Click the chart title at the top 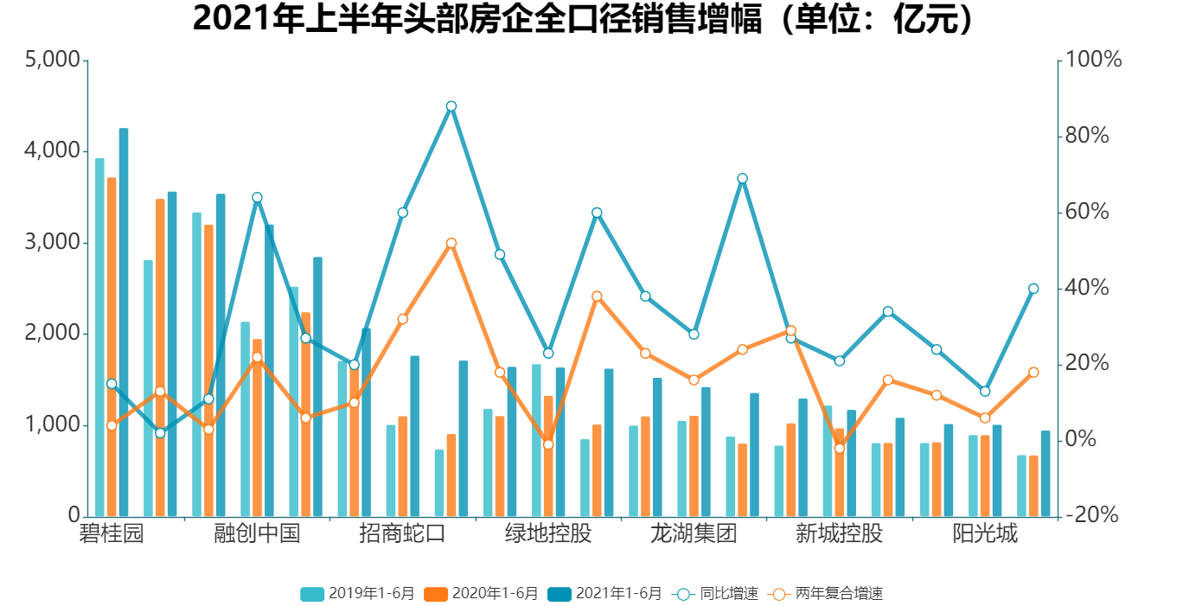pyautogui.click(x=584, y=19)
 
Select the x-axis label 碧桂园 pyautogui.click(x=112, y=533)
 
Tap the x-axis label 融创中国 pyautogui.click(x=257, y=533)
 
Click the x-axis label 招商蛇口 pyautogui.click(x=402, y=533)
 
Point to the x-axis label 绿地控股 pyautogui.click(x=548, y=533)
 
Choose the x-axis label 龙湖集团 pyautogui.click(x=694, y=533)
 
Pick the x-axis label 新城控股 pyautogui.click(x=839, y=533)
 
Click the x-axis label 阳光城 pyautogui.click(x=985, y=533)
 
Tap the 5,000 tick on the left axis pyautogui.click(x=54, y=61)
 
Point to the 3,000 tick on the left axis pyautogui.click(x=54, y=243)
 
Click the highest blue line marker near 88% pyautogui.click(x=451, y=106)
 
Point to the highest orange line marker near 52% pyautogui.click(x=451, y=244)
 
